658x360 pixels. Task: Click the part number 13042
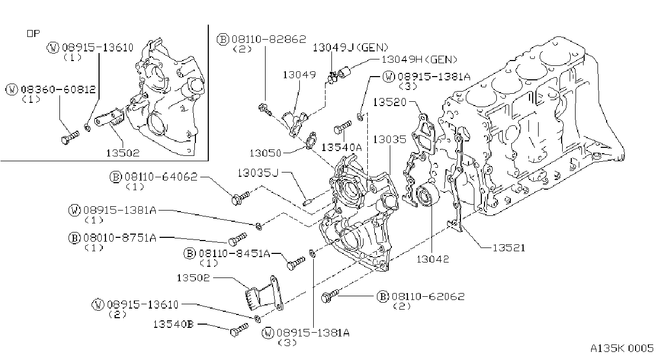click(433, 259)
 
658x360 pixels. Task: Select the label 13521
click(509, 248)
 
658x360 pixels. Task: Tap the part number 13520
click(390, 102)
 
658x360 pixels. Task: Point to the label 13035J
click(258, 173)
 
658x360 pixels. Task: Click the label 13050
click(266, 153)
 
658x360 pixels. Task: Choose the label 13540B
click(173, 324)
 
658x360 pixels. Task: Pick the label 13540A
click(342, 147)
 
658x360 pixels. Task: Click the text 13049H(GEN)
click(419, 59)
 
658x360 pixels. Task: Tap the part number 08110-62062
click(428, 297)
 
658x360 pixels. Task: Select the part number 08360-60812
click(58, 89)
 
